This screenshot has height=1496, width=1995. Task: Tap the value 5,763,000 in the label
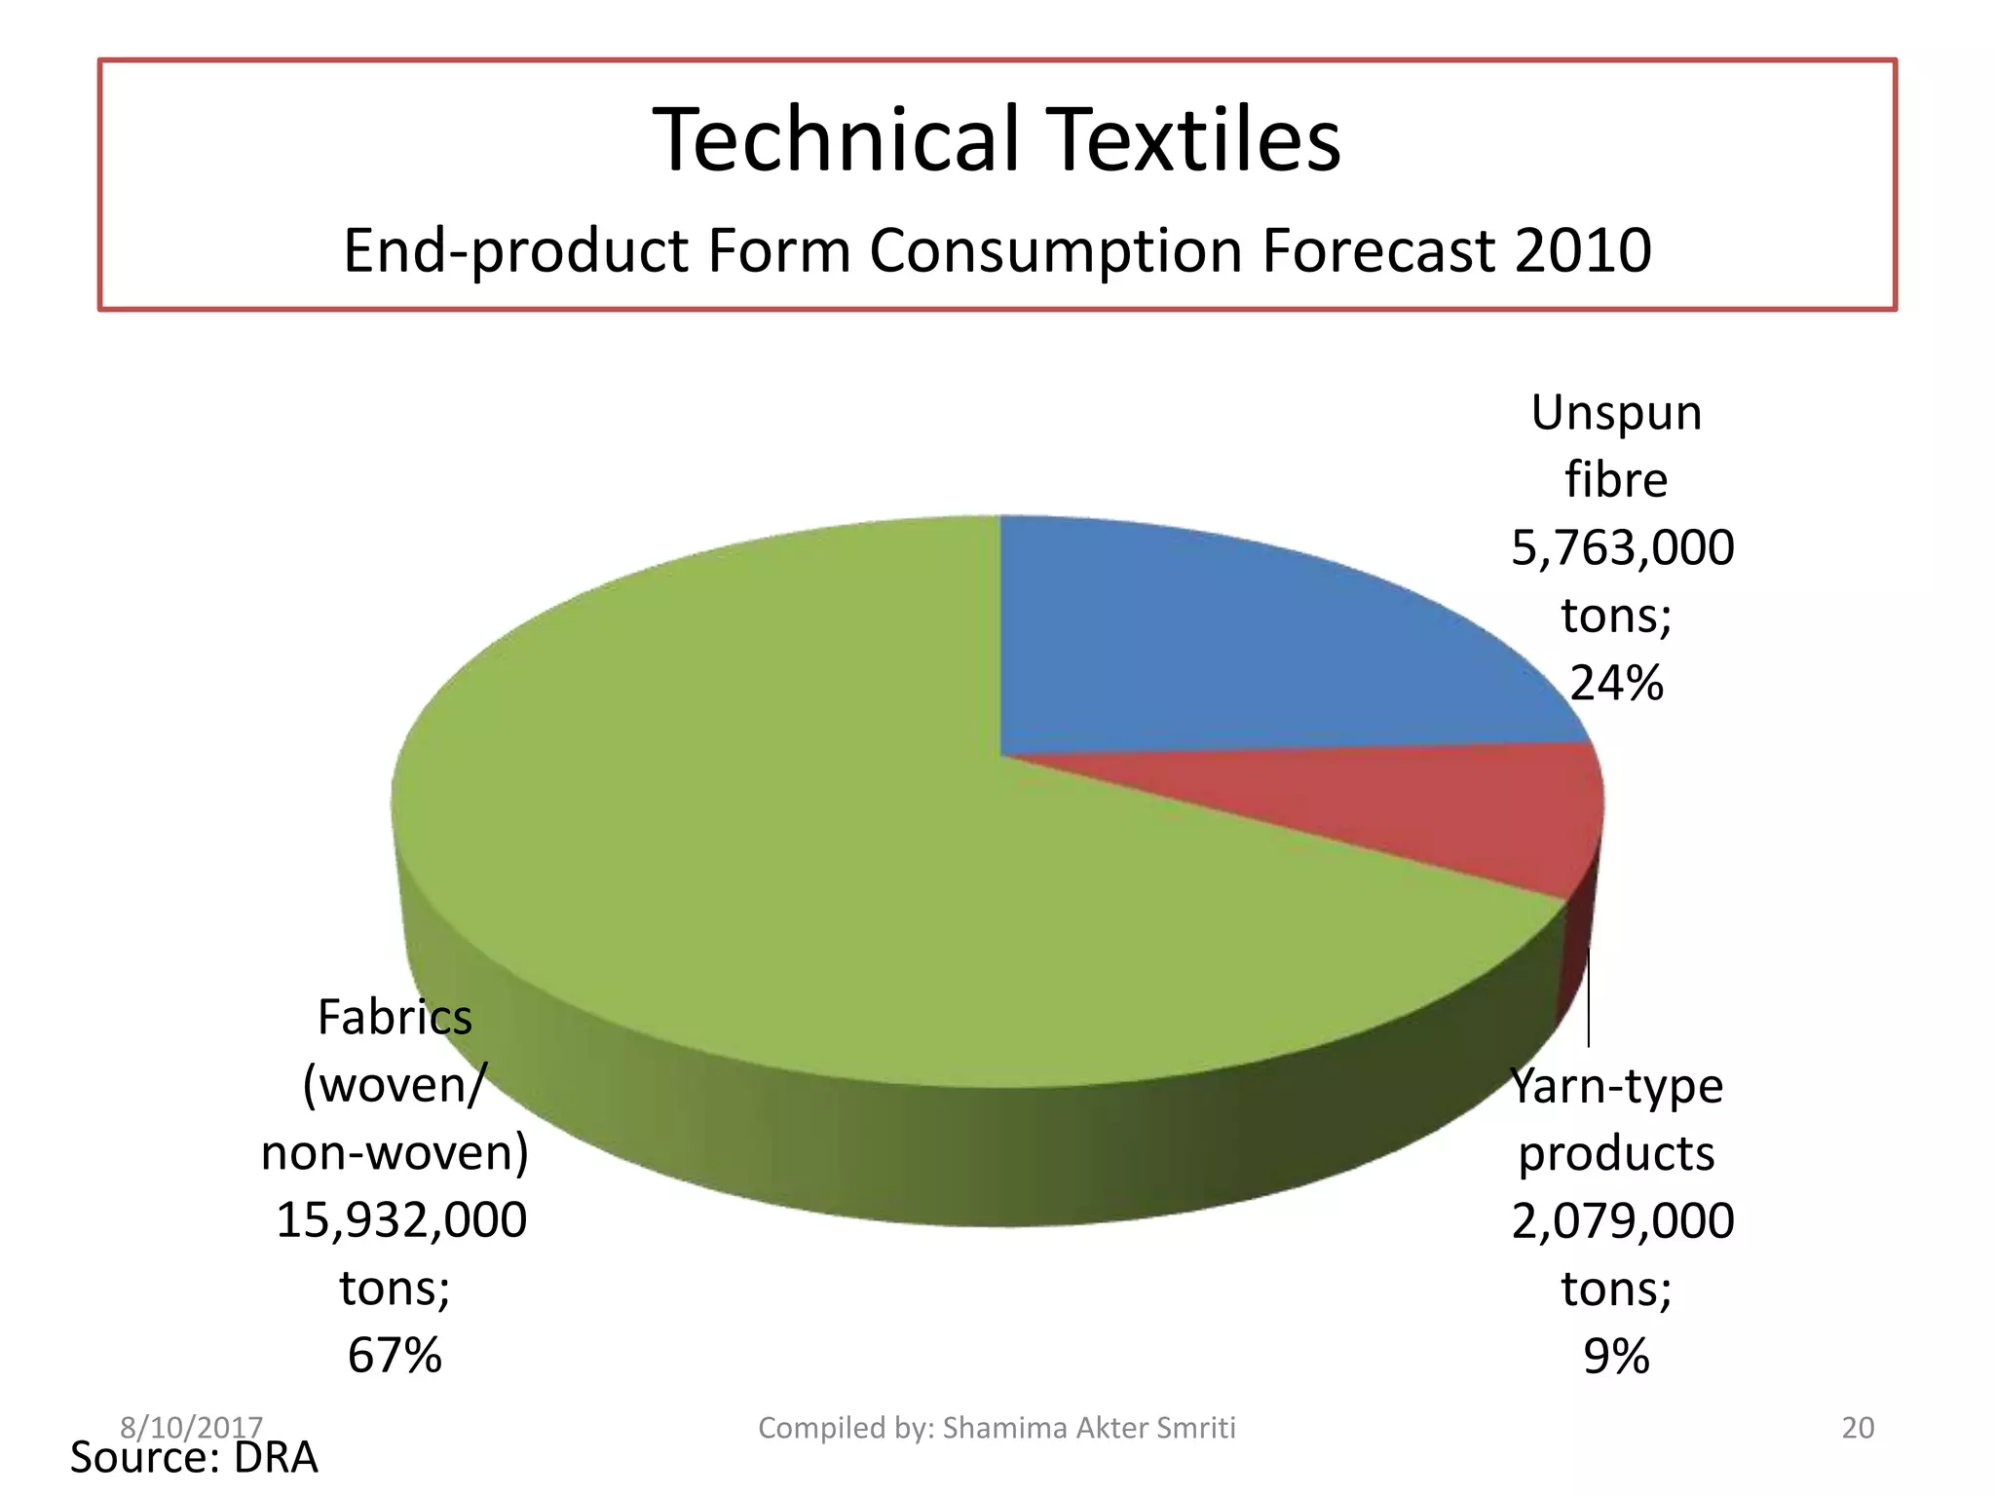click(1622, 547)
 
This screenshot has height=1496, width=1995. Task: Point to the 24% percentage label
click(1616, 683)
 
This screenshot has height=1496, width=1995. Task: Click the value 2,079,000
click(1622, 1220)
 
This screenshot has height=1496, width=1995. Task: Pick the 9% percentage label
click(1616, 1356)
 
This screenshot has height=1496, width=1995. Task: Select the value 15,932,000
click(401, 1219)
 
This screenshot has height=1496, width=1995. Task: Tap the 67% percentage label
click(395, 1355)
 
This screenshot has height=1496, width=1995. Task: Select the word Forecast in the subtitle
click(1376, 250)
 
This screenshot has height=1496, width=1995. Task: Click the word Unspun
click(1616, 413)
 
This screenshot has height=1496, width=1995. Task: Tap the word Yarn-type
click(1616, 1086)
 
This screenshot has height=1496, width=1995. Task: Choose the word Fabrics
click(395, 1018)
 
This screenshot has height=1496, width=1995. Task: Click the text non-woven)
click(395, 1152)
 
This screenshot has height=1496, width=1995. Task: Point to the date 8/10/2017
click(191, 1427)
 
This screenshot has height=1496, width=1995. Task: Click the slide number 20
click(1858, 1428)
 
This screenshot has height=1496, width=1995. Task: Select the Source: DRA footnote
click(194, 1458)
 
